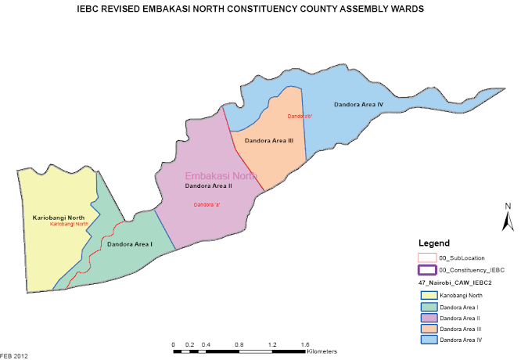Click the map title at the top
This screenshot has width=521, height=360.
point(260,11)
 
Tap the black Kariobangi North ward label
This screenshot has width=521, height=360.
point(59,217)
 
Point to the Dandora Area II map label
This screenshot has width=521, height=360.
point(208,186)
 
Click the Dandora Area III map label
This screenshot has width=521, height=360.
point(268,140)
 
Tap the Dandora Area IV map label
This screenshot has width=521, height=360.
point(358,104)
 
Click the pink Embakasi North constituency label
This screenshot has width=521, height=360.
point(220,176)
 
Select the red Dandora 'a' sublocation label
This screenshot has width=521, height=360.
point(207,204)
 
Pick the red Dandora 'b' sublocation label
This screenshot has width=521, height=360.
point(300,117)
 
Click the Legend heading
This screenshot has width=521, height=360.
point(434,243)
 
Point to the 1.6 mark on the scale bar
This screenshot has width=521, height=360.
point(305,344)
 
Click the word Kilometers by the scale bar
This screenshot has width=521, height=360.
point(322,352)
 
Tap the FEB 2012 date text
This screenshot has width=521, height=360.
point(13,356)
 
